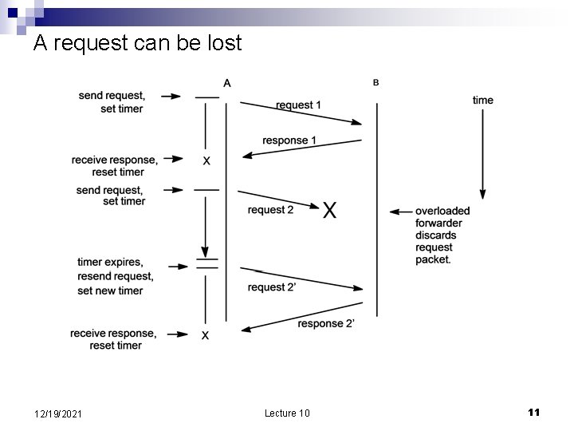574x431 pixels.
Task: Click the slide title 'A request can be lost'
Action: click(137, 43)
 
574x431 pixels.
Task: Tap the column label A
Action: click(227, 82)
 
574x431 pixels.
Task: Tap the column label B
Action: click(375, 81)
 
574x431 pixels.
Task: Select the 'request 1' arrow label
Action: click(299, 105)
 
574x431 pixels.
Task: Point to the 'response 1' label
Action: click(289, 140)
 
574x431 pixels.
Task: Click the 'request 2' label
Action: click(270, 210)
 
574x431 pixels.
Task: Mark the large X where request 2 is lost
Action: click(329, 210)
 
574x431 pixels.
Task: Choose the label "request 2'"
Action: click(272, 287)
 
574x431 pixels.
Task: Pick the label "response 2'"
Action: click(326, 323)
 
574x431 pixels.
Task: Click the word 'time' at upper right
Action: click(483, 100)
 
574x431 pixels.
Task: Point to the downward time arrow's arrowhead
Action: click(482, 194)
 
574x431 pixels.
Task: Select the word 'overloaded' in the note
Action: click(442, 211)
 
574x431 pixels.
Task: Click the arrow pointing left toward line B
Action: click(399, 212)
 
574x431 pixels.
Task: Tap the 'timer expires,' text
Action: click(110, 262)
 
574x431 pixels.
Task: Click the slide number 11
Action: click(533, 412)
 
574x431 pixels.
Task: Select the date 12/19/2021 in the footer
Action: click(61, 413)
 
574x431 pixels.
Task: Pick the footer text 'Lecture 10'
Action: click(286, 413)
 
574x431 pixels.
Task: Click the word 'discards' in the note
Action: click(436, 235)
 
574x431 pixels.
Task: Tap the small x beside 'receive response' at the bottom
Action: click(205, 336)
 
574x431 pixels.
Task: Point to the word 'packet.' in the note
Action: click(433, 259)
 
